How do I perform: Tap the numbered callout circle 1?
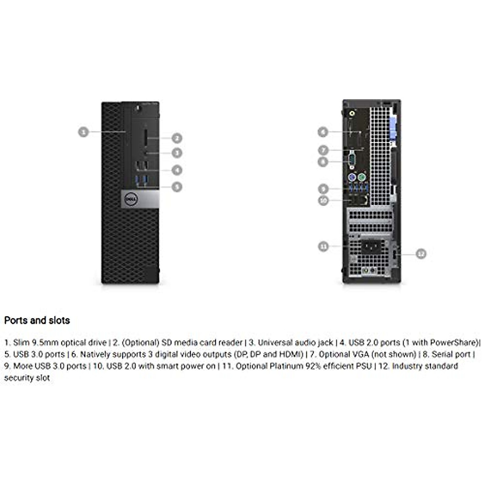(83, 132)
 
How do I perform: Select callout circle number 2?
(177, 138)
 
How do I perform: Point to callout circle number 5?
(177, 187)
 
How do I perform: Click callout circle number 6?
(323, 132)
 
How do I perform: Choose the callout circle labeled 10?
(323, 200)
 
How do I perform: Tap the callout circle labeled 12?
(421, 254)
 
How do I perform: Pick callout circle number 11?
(323, 246)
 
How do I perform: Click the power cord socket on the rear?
(371, 246)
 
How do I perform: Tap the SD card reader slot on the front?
(145, 138)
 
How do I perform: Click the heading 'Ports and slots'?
(37, 321)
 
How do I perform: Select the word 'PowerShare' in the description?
(453, 343)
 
